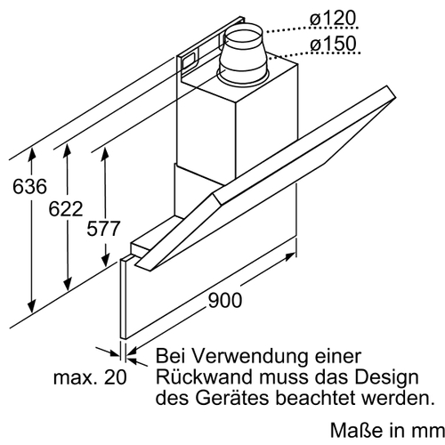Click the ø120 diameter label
click(x=332, y=18)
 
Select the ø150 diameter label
click(x=333, y=44)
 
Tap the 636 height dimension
click(x=29, y=186)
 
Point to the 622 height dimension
click(x=66, y=209)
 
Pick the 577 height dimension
click(x=103, y=229)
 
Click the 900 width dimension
click(x=225, y=300)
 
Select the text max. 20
click(x=90, y=377)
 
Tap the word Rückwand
click(x=205, y=376)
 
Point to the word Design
click(x=387, y=378)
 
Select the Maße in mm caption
click(x=387, y=430)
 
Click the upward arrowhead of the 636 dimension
click(x=32, y=153)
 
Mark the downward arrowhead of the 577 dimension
click(x=105, y=260)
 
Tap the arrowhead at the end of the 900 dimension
click(x=290, y=256)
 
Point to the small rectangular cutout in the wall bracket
click(x=188, y=61)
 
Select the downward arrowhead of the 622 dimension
click(x=68, y=284)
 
